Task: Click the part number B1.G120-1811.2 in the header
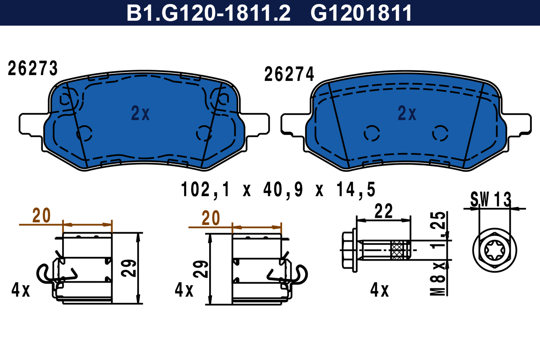click(208, 13)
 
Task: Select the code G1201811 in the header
click(361, 13)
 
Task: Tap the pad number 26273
click(33, 68)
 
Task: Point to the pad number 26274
click(289, 74)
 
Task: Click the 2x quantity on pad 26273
click(140, 113)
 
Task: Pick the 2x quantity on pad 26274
click(407, 113)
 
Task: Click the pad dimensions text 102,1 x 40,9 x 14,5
click(278, 190)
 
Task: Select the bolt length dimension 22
click(383, 211)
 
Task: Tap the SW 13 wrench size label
click(490, 199)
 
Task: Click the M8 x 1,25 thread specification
click(438, 253)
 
